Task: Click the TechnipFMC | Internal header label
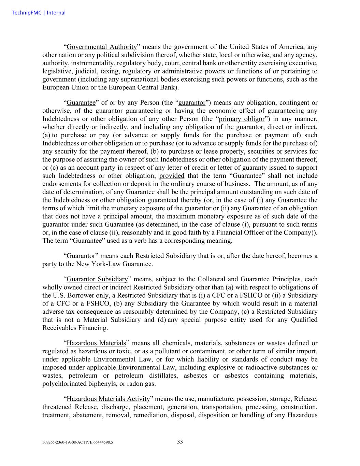39,13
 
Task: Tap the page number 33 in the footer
180,442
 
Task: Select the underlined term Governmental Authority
102,47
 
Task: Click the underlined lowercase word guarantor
192,103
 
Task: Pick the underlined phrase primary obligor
242,119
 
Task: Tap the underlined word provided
172,176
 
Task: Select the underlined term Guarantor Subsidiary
97,279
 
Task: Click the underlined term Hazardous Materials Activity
108,399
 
